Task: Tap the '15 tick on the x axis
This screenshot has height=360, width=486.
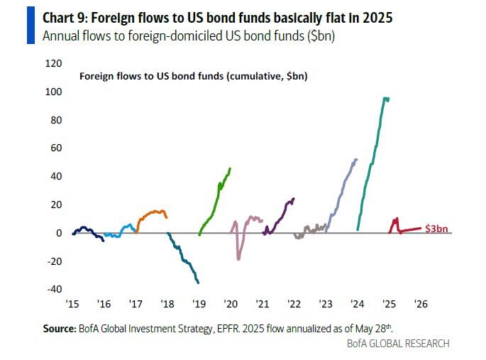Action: click(72, 303)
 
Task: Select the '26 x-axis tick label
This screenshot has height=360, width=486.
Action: click(420, 303)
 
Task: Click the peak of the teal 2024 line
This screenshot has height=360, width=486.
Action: click(385, 98)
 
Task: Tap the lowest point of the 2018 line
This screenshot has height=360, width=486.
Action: click(197, 283)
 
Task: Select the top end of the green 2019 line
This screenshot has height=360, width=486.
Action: click(230, 168)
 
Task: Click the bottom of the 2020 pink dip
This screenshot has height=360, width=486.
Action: click(238, 258)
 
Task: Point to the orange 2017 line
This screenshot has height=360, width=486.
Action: click(151, 212)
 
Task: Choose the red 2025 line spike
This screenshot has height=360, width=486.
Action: click(395, 219)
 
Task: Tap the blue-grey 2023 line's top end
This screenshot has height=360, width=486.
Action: click(355, 159)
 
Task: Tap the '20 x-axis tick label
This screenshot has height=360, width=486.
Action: click(230, 303)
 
